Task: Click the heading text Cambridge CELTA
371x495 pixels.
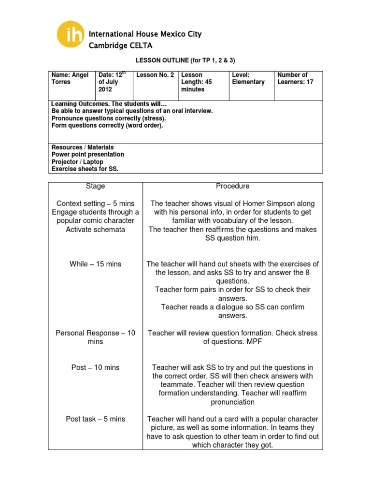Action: click(x=120, y=45)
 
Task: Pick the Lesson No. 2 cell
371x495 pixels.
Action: click(x=154, y=75)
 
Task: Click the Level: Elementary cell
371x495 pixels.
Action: click(x=248, y=79)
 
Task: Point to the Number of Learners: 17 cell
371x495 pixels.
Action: click(x=295, y=79)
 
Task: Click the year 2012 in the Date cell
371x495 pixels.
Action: click(x=105, y=90)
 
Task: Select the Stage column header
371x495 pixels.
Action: click(x=95, y=186)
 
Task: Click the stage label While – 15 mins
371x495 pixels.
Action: click(x=95, y=264)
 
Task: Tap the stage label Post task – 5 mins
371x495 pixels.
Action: click(x=95, y=419)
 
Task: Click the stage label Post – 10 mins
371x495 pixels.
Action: click(x=95, y=367)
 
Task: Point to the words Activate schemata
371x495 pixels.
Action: click(x=95, y=230)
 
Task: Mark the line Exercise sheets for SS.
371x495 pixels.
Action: click(x=85, y=169)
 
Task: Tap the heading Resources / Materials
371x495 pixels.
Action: click(x=82, y=147)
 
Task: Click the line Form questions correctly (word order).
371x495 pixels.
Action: click(x=107, y=126)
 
